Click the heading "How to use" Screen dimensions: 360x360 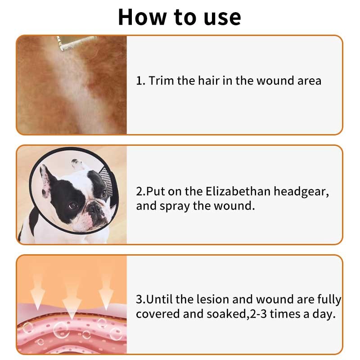180,17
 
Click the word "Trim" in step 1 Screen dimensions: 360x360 161,81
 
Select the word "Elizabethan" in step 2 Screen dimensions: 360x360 238,191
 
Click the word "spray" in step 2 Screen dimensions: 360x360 175,207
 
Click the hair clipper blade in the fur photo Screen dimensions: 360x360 76,43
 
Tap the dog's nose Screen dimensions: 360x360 94,208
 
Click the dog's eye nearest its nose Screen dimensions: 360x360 73,206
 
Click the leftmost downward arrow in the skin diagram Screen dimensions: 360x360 38,292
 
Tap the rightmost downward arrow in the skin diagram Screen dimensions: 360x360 106,292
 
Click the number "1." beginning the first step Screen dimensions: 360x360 140,81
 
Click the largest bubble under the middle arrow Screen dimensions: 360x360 62,330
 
